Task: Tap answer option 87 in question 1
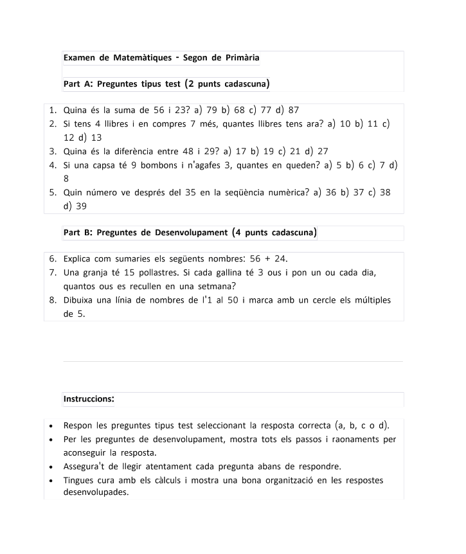294,110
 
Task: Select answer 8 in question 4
67,180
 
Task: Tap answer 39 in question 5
81,206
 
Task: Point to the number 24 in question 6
280,258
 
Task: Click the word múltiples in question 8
370,300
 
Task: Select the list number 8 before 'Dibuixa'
52,300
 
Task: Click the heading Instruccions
89,399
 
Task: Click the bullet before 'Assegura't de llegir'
51,467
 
